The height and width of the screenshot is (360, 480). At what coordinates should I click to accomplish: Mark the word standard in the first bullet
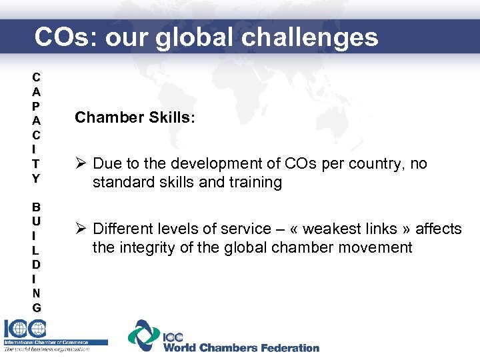[x=121, y=183]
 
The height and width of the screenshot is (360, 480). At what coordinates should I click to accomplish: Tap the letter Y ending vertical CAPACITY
[x=36, y=179]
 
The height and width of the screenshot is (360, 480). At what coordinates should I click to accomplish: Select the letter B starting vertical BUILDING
[x=36, y=207]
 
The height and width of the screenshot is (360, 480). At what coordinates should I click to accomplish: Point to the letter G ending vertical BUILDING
[x=36, y=307]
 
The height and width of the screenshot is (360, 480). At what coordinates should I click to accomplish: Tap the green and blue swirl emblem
[x=144, y=335]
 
